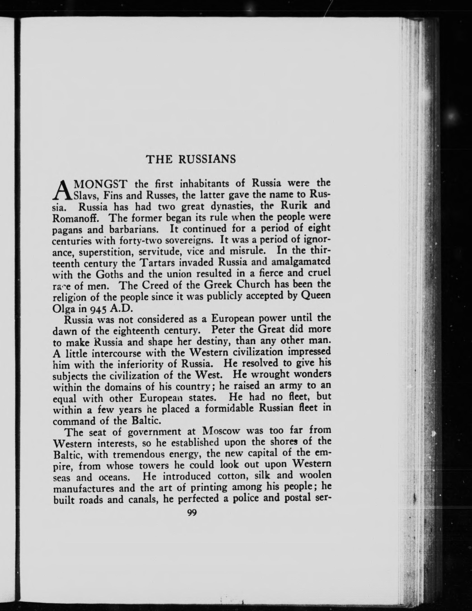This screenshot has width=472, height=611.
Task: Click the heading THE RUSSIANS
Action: coord(191,159)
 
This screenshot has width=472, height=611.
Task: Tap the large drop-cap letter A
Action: coord(62,190)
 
